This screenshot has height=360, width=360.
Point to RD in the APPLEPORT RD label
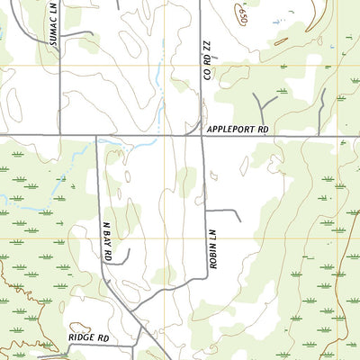[x=264, y=130]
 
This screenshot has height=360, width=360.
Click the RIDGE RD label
[x=88, y=338]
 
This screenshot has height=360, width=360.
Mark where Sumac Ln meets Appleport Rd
[x=59, y=136]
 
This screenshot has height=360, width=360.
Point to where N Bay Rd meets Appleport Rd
[x=95, y=137]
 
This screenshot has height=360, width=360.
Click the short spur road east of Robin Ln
[x=227, y=211]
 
